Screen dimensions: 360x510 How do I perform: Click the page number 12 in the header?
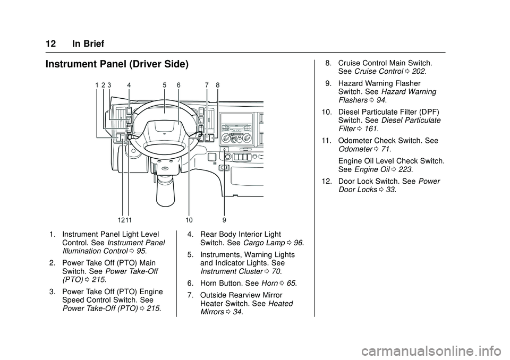(x=51, y=44)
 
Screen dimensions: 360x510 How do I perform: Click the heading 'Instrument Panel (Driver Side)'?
(x=117, y=65)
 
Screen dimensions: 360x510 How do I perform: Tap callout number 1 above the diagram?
(x=97, y=85)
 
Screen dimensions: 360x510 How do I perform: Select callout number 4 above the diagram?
(x=129, y=85)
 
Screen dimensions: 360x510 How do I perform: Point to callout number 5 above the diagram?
(x=165, y=85)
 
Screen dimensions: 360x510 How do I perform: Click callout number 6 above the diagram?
(x=178, y=85)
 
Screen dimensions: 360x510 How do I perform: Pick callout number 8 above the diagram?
(x=218, y=85)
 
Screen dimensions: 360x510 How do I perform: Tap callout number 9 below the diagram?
(x=224, y=219)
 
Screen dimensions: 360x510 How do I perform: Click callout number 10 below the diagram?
(x=189, y=219)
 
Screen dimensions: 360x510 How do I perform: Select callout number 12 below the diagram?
(x=121, y=219)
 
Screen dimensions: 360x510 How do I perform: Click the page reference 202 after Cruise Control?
(x=419, y=71)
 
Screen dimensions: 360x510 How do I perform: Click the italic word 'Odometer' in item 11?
(x=353, y=150)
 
